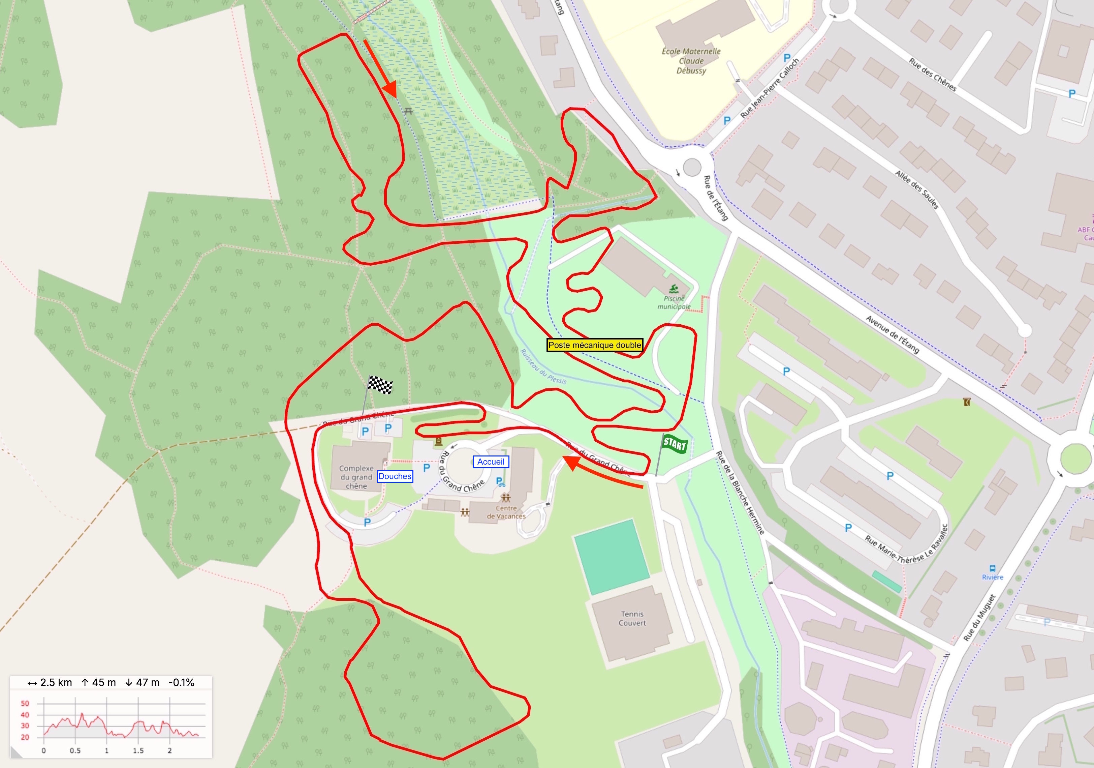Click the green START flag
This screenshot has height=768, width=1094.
pyautogui.click(x=674, y=444)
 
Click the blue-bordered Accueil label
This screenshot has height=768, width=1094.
pyautogui.click(x=491, y=462)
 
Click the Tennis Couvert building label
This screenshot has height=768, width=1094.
pyautogui.click(x=632, y=618)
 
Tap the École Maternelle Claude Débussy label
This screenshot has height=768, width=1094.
pyautogui.click(x=691, y=61)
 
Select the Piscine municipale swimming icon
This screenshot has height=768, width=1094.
pyautogui.click(x=674, y=288)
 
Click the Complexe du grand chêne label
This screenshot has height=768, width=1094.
pyautogui.click(x=356, y=477)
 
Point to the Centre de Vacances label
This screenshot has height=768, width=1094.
pyautogui.click(x=506, y=512)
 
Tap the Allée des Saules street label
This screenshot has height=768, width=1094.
pyautogui.click(x=917, y=189)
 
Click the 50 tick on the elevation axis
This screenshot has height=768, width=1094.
pyautogui.click(x=25, y=704)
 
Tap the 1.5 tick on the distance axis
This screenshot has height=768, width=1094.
pyautogui.click(x=138, y=750)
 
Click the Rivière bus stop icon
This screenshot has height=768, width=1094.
pyautogui.click(x=993, y=568)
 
